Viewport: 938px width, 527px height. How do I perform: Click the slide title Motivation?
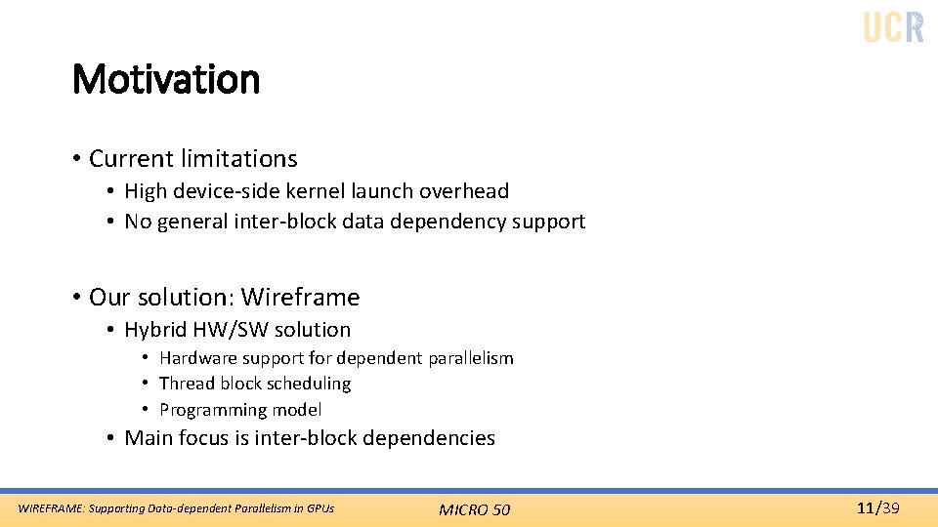coord(166,79)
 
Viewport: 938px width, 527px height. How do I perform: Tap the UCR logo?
coord(893,26)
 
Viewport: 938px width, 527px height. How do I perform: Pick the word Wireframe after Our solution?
coord(300,297)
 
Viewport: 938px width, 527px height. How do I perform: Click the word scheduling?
coord(310,384)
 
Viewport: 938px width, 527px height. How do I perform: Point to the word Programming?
coord(211,410)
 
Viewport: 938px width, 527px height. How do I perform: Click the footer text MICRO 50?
coord(474,509)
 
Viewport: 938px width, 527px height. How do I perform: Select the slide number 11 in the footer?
coord(864,507)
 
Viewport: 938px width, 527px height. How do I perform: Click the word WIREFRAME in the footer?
coord(51,508)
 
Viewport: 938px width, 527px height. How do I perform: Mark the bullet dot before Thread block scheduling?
coord(144,384)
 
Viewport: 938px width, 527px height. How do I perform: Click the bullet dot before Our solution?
coord(76,297)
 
